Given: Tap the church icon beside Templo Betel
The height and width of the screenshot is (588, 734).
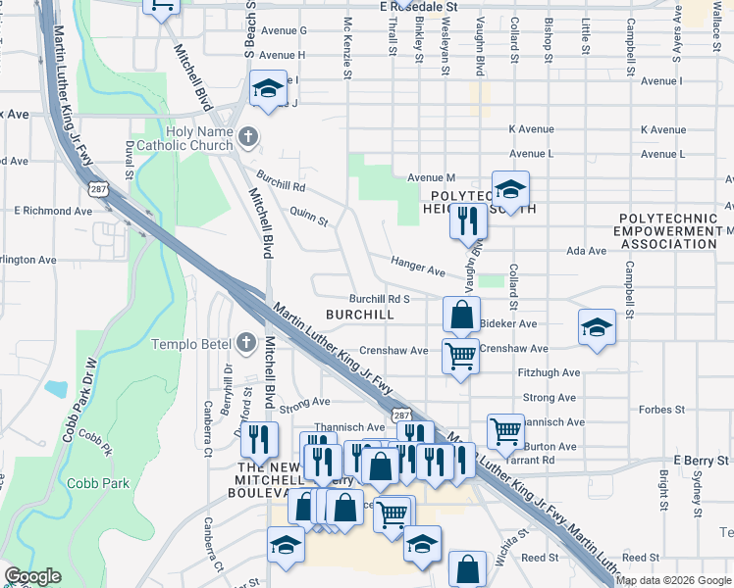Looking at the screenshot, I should (247, 343).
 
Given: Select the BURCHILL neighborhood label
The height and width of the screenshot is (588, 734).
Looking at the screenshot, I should (360, 315).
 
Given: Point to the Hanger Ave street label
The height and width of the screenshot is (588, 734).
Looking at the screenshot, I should (418, 265).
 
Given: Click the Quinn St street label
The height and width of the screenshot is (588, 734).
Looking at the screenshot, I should (308, 217).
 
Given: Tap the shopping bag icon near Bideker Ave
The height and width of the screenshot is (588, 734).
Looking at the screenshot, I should (461, 316).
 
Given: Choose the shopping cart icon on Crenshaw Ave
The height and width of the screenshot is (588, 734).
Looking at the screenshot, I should (460, 357).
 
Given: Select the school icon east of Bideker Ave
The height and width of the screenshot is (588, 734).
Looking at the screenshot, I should (596, 328).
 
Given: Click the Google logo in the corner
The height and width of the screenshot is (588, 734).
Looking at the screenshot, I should (32, 576).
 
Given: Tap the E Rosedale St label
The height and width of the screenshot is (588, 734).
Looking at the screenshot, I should (419, 6).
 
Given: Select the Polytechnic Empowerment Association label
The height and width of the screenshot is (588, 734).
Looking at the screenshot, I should (665, 230).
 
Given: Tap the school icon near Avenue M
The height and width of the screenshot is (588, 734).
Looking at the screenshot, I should (510, 187).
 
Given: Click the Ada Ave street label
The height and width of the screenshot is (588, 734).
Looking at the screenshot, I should (585, 251).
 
